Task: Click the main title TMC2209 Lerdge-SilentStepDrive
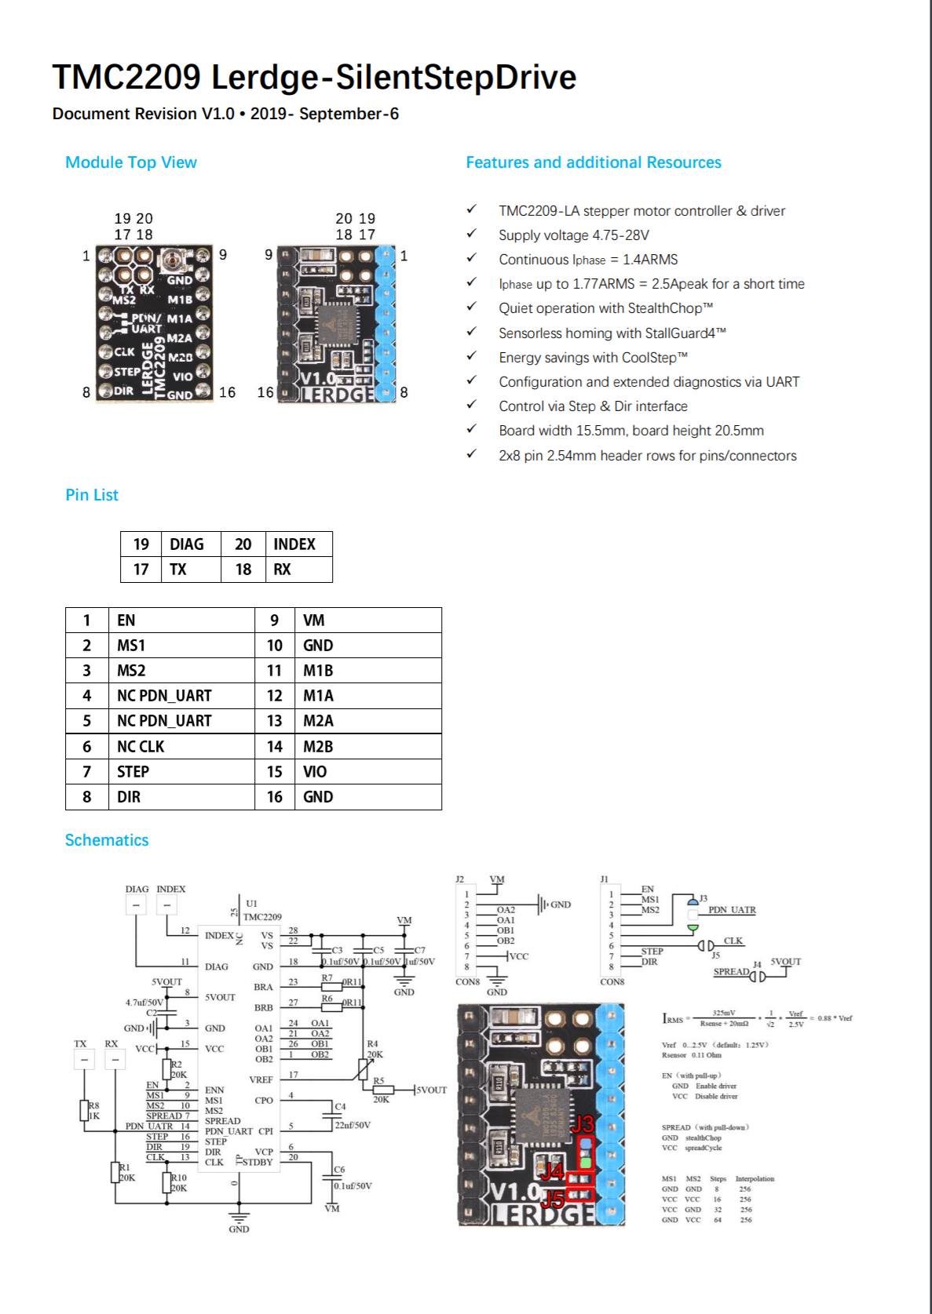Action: tap(314, 77)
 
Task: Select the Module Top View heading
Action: tap(131, 162)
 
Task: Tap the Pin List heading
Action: tap(92, 495)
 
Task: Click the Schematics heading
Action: tap(107, 840)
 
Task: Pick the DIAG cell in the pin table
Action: tap(187, 544)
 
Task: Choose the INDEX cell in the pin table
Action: tap(294, 544)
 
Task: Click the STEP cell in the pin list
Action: tap(133, 771)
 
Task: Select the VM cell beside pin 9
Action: tap(314, 621)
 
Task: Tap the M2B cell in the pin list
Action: tap(318, 746)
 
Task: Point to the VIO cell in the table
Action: tap(315, 771)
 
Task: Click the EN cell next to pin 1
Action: tap(126, 621)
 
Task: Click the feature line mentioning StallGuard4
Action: tap(612, 333)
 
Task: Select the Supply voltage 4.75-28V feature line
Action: tap(574, 235)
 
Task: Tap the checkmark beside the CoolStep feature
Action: tap(471, 357)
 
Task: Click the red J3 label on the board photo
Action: tap(584, 1124)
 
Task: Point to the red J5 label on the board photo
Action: tap(554, 1198)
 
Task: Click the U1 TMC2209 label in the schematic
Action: tap(262, 910)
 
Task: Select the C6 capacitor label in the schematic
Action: tap(339, 1170)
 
